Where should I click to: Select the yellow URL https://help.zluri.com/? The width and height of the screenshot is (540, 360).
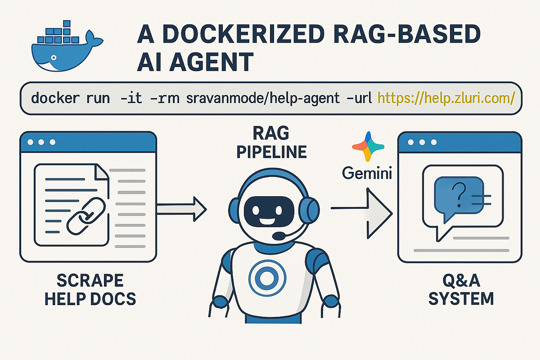(x=445, y=98)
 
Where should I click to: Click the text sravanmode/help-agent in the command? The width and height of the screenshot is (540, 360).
(x=263, y=98)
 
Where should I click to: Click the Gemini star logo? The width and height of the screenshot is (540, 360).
(x=368, y=147)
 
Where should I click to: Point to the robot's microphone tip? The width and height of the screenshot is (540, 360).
(x=279, y=235)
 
